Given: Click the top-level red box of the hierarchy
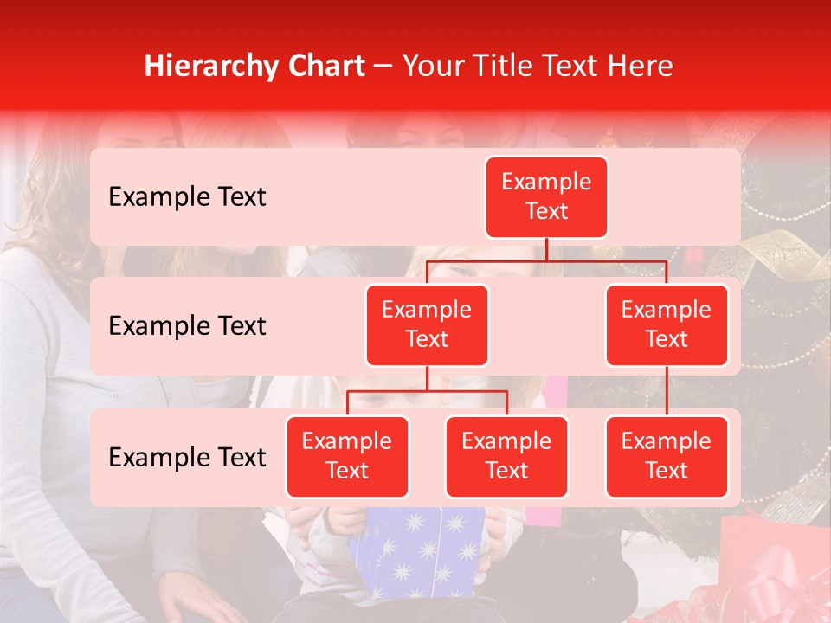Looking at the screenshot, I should click(x=546, y=197).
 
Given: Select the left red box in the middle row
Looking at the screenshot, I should click(x=427, y=325).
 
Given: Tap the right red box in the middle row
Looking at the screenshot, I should click(x=667, y=325).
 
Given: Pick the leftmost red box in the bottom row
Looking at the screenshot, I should click(x=347, y=457).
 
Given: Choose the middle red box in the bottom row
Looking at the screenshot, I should click(x=506, y=457).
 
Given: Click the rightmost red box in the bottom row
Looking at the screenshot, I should click(x=667, y=457).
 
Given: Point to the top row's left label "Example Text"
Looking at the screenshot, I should click(x=187, y=197).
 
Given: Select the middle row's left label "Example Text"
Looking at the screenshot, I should click(x=187, y=326).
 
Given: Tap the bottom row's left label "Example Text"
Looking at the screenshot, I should click(x=187, y=458).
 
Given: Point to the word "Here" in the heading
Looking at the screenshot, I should click(x=641, y=66).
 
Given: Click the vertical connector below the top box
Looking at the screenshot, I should click(x=546, y=249).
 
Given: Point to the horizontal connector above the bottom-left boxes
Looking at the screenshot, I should click(x=427, y=391).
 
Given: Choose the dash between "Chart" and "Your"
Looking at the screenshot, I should click(x=383, y=67).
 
